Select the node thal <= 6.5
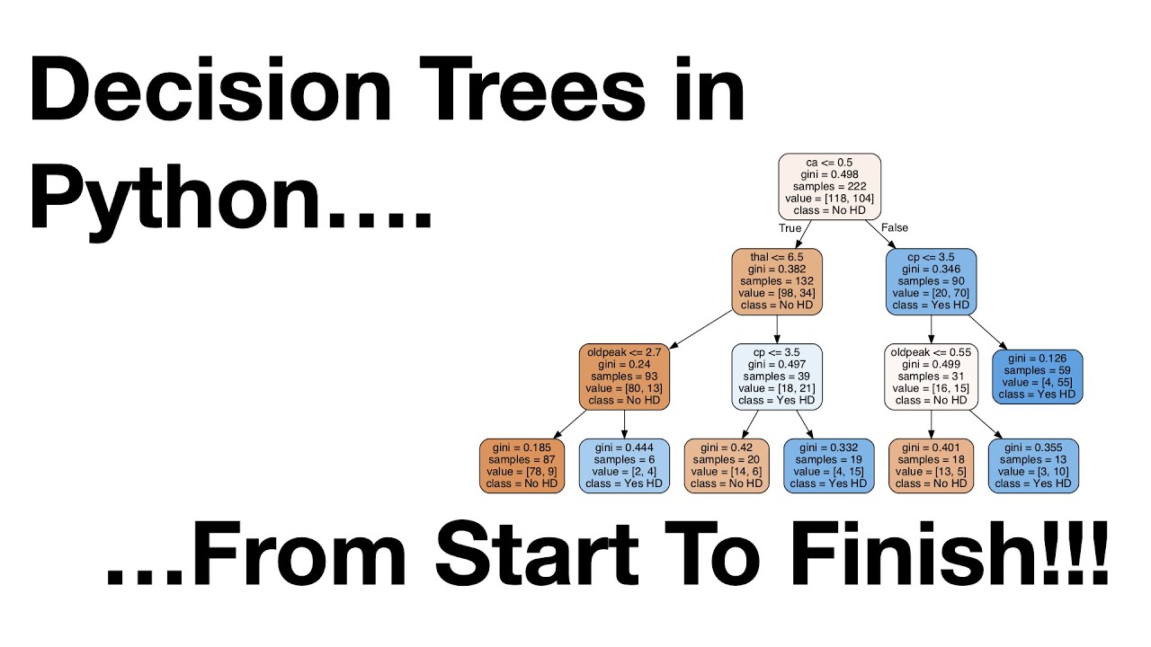(776, 281)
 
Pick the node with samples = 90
(931, 281)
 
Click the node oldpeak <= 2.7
(624, 377)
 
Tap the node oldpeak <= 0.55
(931, 377)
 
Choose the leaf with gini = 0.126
(1037, 377)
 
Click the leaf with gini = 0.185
(522, 465)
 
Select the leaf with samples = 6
(624, 465)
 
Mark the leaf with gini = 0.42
(727, 465)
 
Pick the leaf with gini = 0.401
(931, 465)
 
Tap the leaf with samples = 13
(1033, 465)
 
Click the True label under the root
(790, 228)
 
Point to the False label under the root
(895, 228)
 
